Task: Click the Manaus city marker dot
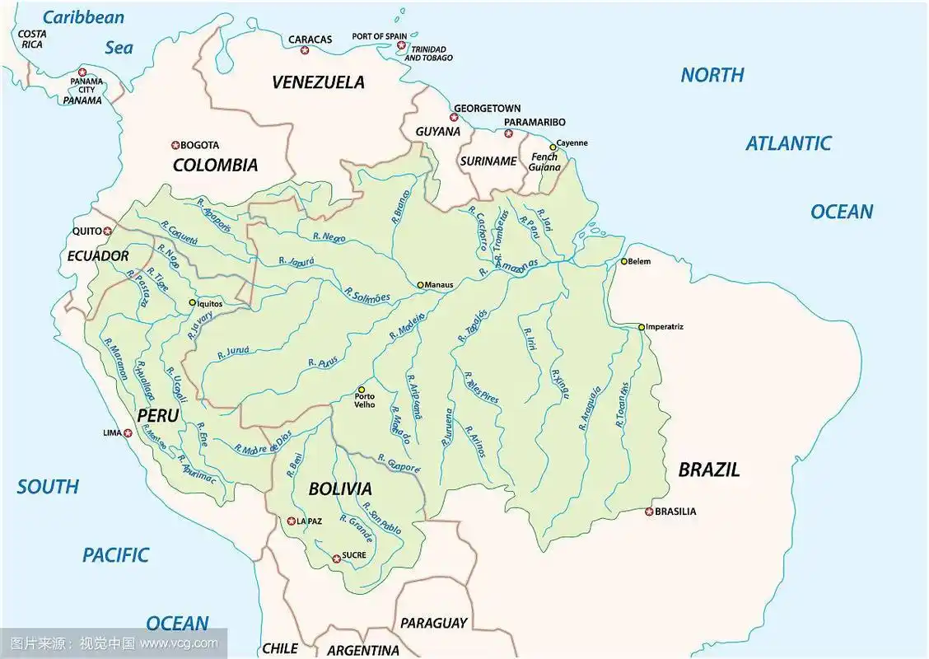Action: coord(420,285)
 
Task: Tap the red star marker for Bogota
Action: coord(175,144)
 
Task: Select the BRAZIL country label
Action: coord(708,470)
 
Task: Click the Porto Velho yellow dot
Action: coord(361,390)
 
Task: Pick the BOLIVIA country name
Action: coord(340,488)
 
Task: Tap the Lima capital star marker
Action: coord(128,432)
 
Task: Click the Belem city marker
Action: coord(623,262)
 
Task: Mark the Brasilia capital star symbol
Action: coord(649,512)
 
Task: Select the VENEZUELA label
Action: coord(318,82)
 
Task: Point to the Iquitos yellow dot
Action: coord(193,302)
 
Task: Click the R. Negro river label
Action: coord(329,236)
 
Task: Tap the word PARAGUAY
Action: coord(433,623)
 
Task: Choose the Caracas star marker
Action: coord(305,51)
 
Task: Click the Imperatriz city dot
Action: coord(642,327)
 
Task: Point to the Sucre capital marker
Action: coord(336,559)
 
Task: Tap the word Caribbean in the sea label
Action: coord(83,17)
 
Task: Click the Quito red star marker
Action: coord(107,231)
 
